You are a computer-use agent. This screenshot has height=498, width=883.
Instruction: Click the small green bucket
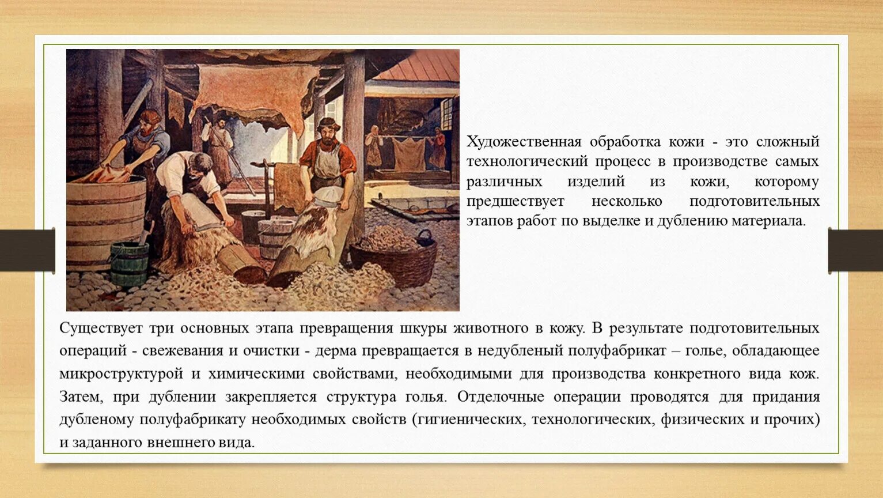coord(129,263)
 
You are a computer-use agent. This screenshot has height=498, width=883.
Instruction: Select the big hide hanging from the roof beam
coord(253,92)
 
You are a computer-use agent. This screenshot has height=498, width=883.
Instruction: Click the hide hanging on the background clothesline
coord(408,153)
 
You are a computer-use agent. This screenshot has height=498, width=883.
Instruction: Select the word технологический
coord(526,162)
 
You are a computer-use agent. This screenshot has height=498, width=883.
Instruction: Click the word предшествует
coord(515,202)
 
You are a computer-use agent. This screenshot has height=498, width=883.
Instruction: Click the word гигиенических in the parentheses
coord(468,420)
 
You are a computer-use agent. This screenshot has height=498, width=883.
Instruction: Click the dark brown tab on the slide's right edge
coord(855,250)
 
